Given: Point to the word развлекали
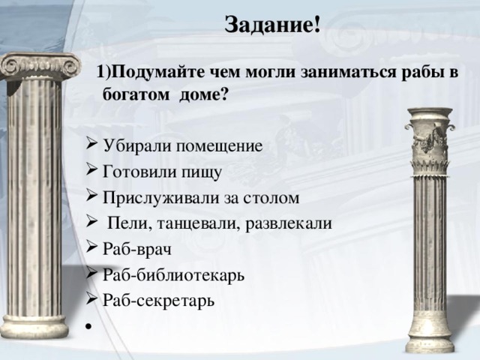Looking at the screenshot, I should click(289, 223).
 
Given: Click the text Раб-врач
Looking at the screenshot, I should click(137, 249).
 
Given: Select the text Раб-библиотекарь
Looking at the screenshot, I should click(172, 274).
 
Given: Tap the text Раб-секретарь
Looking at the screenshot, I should click(159, 300).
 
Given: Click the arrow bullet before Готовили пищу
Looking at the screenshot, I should click(91, 171).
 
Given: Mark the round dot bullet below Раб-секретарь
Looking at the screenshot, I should click(88, 326).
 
